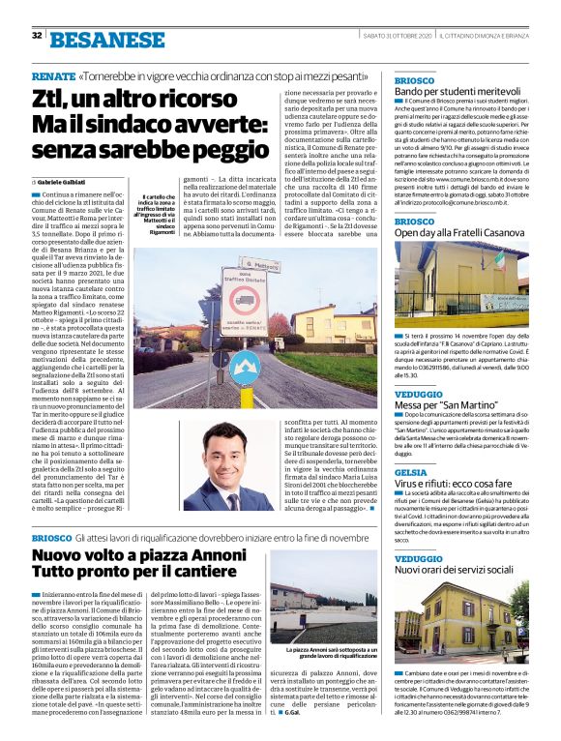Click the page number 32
[37, 36]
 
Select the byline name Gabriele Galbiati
[65, 181]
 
